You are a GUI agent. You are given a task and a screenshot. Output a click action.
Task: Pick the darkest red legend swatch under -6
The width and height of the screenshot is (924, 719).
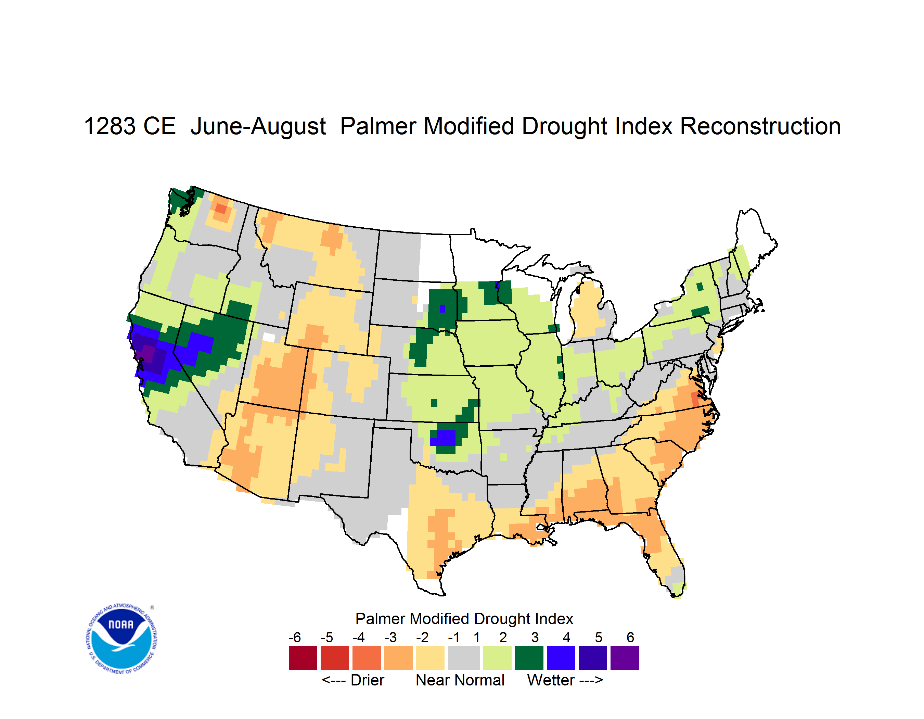tap(303, 658)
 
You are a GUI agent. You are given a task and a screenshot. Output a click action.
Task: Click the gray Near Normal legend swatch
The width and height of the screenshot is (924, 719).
tap(464, 658)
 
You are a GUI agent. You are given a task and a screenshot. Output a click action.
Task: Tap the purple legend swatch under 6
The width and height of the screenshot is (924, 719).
tap(625, 658)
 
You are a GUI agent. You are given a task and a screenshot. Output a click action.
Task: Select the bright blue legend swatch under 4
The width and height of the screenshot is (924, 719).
tap(561, 658)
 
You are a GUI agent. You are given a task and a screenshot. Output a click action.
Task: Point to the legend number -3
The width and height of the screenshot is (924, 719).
tap(390, 637)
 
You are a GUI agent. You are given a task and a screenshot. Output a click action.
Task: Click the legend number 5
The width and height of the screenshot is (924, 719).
tap(599, 637)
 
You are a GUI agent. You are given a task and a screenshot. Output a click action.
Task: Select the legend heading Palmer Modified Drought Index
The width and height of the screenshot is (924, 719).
tap(464, 619)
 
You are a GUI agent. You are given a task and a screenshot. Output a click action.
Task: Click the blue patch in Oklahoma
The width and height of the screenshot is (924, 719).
tap(443, 438)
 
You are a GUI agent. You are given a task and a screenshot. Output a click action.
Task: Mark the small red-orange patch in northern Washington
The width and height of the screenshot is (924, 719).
tap(221, 208)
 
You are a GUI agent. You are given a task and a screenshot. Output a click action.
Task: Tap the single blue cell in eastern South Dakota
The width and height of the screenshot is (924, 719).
tap(442, 308)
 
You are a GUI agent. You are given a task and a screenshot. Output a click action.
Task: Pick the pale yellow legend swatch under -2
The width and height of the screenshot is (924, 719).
tap(430, 658)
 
